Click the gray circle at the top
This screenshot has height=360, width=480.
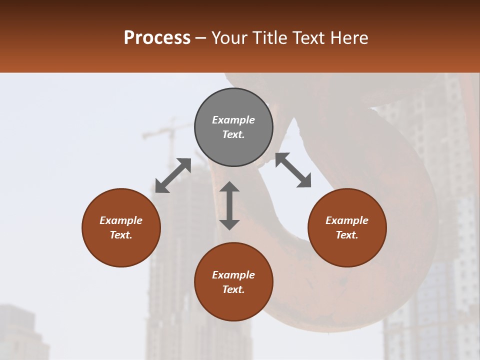click(x=233, y=127)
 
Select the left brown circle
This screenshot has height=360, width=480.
click(x=121, y=227)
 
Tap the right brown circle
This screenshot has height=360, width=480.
click(x=347, y=227)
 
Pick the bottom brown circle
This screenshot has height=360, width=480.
click(x=233, y=282)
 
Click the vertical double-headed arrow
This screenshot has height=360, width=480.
click(x=229, y=205)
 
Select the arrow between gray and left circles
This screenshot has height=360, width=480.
click(x=173, y=175)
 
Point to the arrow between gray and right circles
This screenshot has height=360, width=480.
click(x=293, y=170)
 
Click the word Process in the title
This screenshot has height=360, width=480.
click(x=157, y=38)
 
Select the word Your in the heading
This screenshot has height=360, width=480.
click(x=230, y=38)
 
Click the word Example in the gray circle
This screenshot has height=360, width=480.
click(x=233, y=120)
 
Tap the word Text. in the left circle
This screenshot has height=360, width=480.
click(x=121, y=235)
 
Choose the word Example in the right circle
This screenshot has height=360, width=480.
click(x=347, y=220)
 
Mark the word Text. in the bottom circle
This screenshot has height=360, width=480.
click(x=233, y=289)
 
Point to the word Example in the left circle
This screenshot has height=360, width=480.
click(x=121, y=220)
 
